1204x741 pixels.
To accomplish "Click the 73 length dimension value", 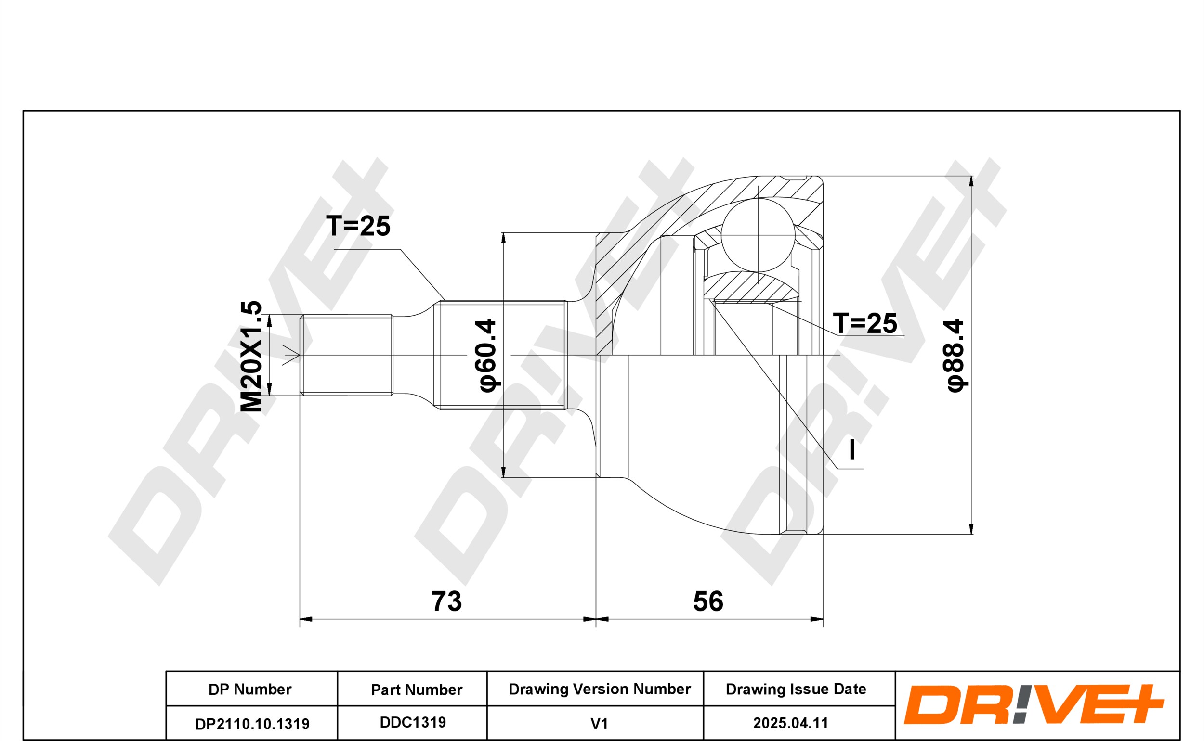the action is click(446, 601).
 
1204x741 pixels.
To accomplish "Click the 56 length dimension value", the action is click(707, 601).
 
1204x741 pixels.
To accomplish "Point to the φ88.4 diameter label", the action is click(955, 355).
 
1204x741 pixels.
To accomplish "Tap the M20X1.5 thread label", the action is click(251, 356).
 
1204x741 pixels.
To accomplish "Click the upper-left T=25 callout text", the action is click(358, 226).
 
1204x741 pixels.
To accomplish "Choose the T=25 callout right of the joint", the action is click(865, 323).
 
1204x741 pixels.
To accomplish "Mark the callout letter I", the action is click(852, 449).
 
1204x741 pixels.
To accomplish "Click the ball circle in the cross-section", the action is click(758, 235).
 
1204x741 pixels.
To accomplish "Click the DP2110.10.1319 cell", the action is click(251, 723).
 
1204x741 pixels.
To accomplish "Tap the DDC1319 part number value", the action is click(413, 722).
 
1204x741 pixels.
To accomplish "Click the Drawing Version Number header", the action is click(599, 689).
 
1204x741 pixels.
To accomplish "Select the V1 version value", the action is click(599, 723).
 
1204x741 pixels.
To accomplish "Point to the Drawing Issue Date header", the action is click(796, 689).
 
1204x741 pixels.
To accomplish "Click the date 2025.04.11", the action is click(790, 723).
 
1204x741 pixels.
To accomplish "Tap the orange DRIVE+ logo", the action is click(1034, 704).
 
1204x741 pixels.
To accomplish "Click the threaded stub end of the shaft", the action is click(346, 355).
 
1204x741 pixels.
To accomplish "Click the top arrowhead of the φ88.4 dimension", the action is click(971, 181).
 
